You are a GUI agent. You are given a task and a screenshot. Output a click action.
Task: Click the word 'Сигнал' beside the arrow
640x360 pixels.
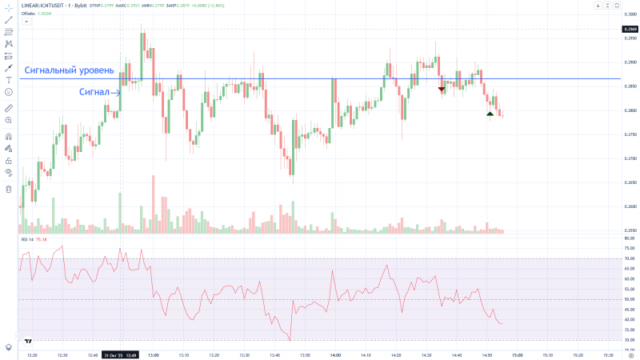click(x=94, y=92)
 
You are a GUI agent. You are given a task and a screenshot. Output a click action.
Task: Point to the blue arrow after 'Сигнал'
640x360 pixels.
click(x=116, y=92)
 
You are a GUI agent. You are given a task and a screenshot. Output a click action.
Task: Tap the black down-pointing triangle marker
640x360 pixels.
click(x=442, y=89)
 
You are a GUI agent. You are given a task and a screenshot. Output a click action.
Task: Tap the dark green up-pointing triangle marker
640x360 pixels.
click(x=490, y=114)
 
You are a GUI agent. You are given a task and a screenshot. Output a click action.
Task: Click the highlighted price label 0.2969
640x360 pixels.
click(x=630, y=29)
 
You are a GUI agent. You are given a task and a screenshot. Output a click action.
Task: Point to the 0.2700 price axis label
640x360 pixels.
click(x=630, y=158)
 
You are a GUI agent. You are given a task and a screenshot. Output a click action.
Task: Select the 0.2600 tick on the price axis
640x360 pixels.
click(x=630, y=206)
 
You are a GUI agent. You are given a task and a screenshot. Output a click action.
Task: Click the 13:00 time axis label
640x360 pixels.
click(x=153, y=354)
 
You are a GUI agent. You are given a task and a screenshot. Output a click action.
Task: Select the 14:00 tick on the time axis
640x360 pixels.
click(x=334, y=354)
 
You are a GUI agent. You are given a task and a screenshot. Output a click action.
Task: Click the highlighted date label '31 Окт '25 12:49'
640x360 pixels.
click(x=121, y=354)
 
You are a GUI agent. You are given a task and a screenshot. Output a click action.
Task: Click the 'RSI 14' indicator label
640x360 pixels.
click(x=29, y=239)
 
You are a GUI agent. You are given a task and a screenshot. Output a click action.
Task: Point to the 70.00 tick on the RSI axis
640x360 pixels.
click(x=630, y=258)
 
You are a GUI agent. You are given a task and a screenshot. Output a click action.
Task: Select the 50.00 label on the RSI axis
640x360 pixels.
click(x=630, y=299)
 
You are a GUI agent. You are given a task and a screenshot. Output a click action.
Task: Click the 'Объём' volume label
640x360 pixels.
click(x=29, y=14)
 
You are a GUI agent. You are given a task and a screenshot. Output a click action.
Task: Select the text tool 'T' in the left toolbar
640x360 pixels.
click(x=9, y=80)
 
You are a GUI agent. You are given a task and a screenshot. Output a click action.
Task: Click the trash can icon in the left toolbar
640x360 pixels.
click(x=9, y=190)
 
